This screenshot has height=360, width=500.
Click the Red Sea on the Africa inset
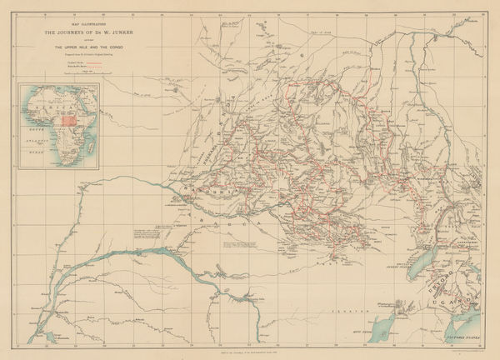81,99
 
